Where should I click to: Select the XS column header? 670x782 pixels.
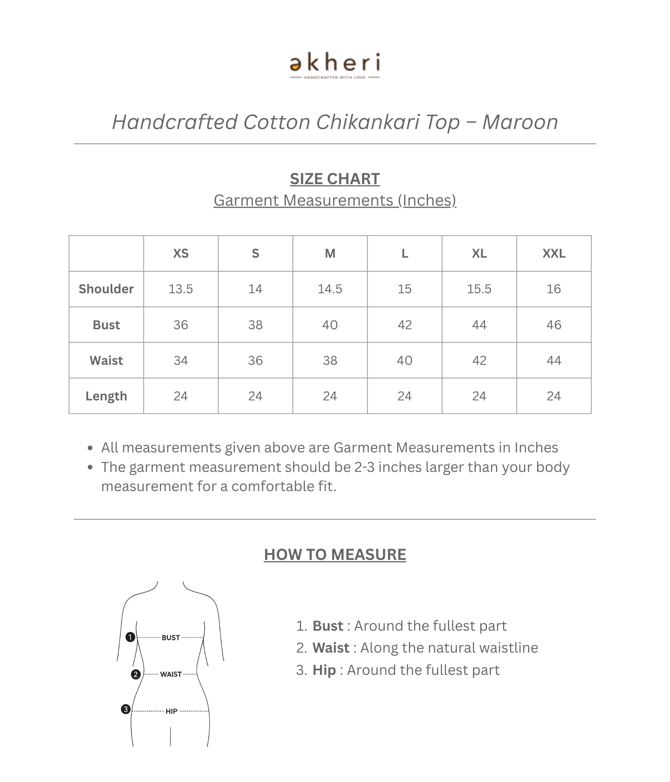[x=181, y=253]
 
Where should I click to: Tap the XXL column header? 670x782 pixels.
[x=554, y=253]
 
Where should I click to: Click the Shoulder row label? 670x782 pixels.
[x=106, y=289]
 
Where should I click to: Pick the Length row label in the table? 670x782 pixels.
[x=106, y=396]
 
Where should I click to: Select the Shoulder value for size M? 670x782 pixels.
[x=330, y=289]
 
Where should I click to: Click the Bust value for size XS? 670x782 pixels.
[x=181, y=325]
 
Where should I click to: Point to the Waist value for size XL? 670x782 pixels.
[x=479, y=361]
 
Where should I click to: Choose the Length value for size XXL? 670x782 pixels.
[x=554, y=396]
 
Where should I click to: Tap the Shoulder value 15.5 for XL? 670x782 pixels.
[x=479, y=289]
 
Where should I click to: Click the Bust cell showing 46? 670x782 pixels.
[x=554, y=325]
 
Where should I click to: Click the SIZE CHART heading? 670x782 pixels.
[x=335, y=179]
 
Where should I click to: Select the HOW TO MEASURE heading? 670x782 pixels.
[x=335, y=554]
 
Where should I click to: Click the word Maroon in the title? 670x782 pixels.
[x=520, y=122]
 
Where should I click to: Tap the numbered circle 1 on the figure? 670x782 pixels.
[x=130, y=637]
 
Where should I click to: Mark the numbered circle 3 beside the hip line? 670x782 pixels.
[x=125, y=709]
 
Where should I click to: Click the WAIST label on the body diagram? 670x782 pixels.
[x=171, y=674]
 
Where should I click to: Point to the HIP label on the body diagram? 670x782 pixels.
[x=171, y=711]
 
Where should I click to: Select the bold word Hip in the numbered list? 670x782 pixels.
[x=324, y=670]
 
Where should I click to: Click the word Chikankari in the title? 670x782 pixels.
[x=368, y=122]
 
